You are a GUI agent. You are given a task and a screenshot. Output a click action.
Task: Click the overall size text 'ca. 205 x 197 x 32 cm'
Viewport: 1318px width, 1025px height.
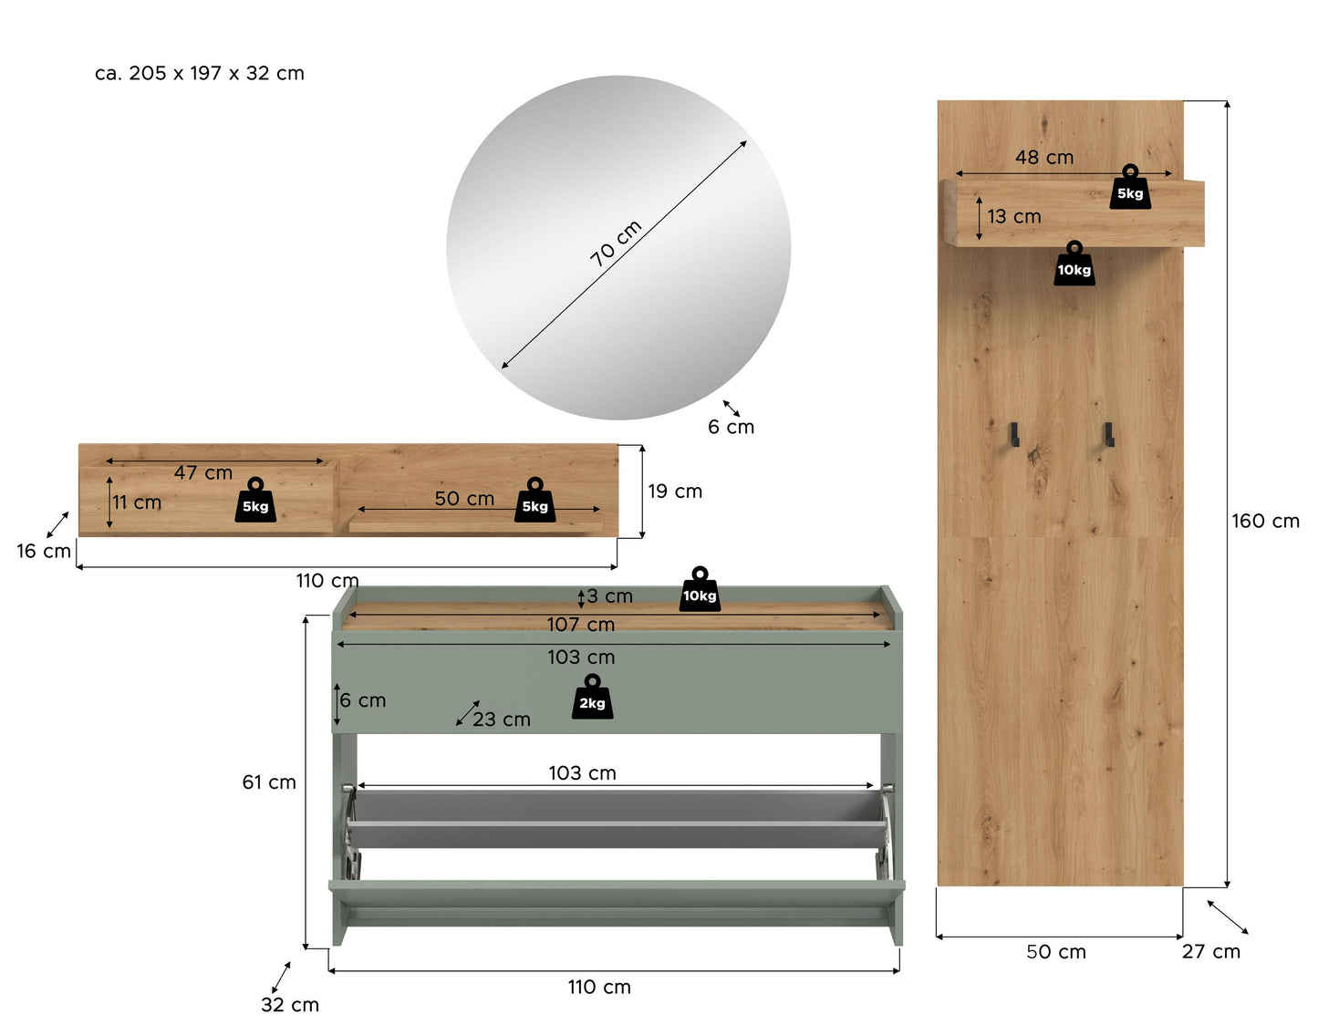coord(200,73)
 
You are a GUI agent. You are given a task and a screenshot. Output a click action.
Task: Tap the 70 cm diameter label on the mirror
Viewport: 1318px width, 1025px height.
coord(616,243)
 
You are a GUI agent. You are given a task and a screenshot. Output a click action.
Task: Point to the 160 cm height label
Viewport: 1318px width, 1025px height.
coord(1265,521)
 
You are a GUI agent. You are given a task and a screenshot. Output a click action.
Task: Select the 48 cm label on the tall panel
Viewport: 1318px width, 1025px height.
coord(1044,157)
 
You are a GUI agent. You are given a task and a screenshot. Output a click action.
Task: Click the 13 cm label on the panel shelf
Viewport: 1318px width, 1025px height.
coord(1014,216)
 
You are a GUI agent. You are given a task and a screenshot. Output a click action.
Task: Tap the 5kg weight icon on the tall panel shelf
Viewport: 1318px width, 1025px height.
coord(1130,187)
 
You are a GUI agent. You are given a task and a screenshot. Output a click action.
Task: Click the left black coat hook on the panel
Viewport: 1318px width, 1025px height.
coord(1013,435)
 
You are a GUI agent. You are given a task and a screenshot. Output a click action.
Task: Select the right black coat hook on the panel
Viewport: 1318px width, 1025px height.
coord(1108,435)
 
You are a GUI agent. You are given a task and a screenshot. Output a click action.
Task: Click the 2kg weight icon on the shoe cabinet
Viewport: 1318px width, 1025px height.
coord(592,697)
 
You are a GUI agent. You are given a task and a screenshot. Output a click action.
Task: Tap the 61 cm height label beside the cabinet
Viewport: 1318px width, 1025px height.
coord(269,782)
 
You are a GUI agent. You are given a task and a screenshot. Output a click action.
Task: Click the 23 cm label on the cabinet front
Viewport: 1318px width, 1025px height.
coord(502,720)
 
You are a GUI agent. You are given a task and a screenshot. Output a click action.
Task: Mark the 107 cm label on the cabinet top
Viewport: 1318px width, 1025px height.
coord(581,625)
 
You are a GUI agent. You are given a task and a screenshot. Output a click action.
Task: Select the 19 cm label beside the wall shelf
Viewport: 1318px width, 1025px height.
coord(674,491)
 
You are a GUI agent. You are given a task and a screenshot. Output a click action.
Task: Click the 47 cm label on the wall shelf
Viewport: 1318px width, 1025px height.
coord(203,472)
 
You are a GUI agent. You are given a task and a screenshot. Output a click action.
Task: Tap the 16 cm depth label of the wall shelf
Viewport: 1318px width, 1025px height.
coord(44,551)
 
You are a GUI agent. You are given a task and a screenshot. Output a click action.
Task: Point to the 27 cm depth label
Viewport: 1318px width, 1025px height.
coord(1210,952)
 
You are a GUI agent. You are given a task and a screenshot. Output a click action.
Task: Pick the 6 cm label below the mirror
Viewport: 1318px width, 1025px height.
coord(731,427)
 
